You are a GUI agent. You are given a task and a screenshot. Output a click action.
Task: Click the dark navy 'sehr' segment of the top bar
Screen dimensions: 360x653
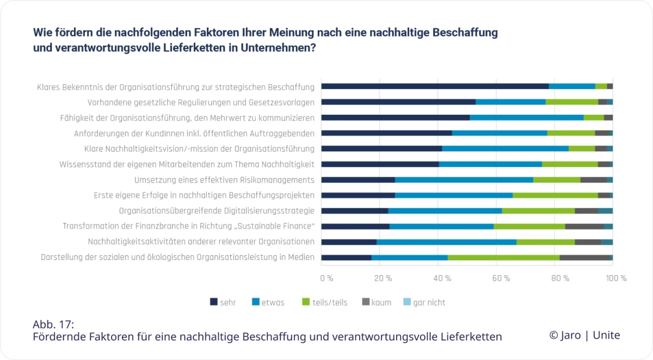coord(435,86)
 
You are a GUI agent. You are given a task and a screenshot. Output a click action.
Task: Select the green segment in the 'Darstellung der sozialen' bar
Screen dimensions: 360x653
coord(503,257)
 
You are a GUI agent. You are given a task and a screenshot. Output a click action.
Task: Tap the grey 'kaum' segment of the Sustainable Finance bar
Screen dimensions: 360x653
coord(584,226)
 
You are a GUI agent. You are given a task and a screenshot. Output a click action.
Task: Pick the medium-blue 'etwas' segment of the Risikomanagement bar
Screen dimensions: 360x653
coord(464,179)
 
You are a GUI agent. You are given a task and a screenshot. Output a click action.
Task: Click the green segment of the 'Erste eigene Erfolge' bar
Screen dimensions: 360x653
coord(555,195)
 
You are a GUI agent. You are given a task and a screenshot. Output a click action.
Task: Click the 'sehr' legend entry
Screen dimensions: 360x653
coord(223,302)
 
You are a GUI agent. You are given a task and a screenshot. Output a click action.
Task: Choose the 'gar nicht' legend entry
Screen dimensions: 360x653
coord(424,302)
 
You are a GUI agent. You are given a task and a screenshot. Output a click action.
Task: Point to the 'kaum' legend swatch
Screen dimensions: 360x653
coord(366,302)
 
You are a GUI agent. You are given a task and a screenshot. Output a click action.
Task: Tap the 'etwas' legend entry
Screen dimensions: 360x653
coord(268,302)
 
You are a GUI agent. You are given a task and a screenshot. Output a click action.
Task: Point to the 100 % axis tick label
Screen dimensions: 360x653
coord(616,278)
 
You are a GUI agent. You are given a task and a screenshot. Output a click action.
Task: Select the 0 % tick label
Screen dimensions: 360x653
coord(326,278)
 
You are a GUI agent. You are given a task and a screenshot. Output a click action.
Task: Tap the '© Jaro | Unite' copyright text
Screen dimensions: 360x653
coord(584,335)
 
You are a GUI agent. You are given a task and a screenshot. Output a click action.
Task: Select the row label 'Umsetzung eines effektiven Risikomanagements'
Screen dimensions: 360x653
coord(224,180)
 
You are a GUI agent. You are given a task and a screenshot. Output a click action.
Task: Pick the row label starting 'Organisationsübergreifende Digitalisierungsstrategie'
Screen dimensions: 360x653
coord(217,211)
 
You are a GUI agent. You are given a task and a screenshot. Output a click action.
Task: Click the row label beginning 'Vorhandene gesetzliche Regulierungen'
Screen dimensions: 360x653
coord(201,102)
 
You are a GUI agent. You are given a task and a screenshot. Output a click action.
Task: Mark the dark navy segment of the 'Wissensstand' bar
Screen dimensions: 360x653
coord(380,164)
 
